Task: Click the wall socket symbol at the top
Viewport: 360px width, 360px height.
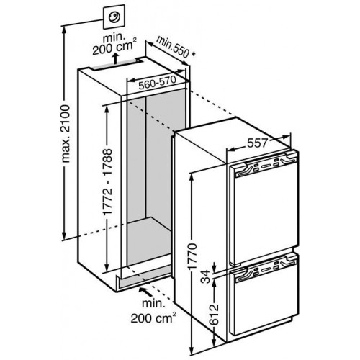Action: pos(114,18)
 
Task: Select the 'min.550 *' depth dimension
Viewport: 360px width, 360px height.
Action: pos(175,48)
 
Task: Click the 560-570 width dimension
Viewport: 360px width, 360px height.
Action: pos(158,82)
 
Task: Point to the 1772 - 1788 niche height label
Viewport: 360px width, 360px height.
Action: pos(107,185)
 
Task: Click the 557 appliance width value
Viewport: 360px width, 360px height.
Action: pos(257,143)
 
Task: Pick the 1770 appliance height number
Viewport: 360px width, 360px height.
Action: pos(193,256)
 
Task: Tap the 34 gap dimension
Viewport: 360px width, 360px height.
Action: pos(205,276)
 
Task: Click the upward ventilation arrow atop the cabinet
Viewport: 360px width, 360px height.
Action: pos(116,58)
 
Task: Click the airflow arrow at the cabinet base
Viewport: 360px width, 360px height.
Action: pos(146,292)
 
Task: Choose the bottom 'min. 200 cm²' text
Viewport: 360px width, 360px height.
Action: pos(153,311)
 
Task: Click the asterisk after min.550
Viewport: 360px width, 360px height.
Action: pos(192,55)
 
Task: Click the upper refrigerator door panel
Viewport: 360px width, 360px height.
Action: pos(264,210)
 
